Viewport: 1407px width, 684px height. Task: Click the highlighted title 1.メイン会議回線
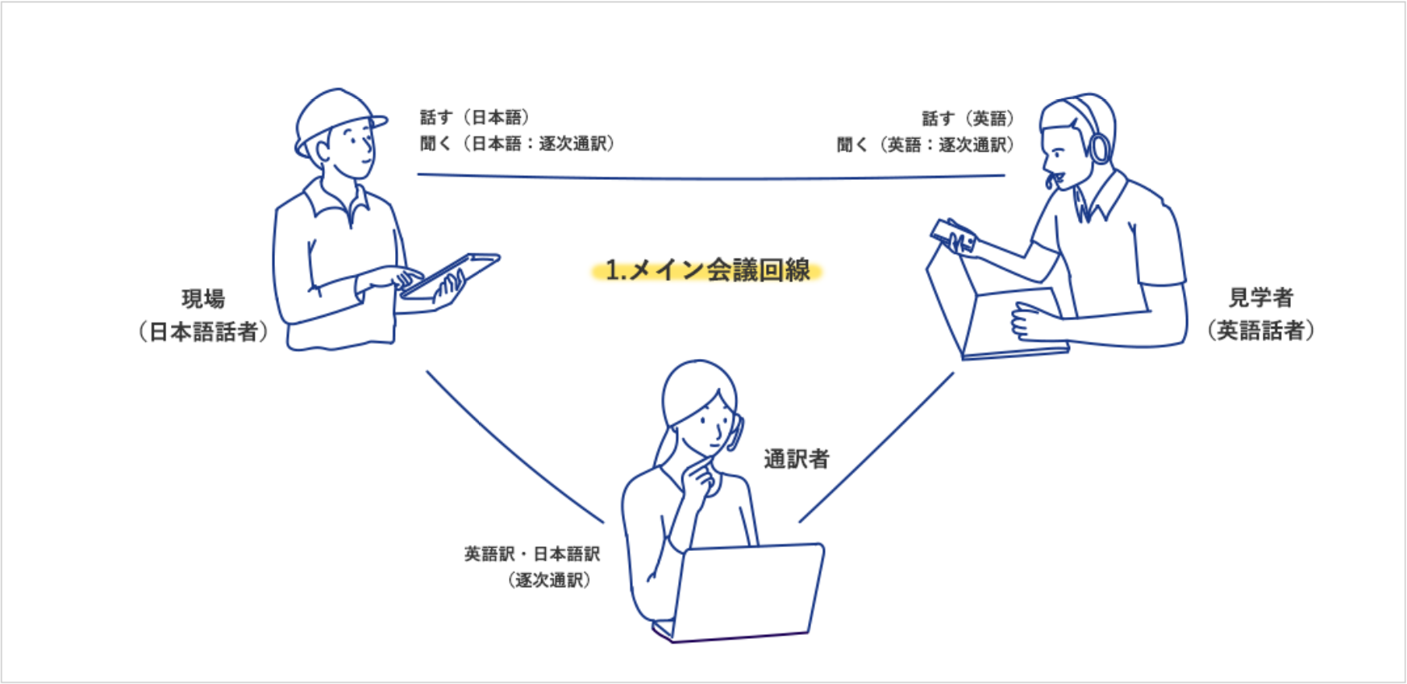coord(707,270)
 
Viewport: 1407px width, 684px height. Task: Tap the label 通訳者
coord(797,459)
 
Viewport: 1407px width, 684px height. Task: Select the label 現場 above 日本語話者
coord(203,299)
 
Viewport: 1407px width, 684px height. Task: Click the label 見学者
coord(1260,298)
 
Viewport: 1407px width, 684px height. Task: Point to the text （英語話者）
coord(1260,330)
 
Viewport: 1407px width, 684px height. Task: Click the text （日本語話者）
coord(203,332)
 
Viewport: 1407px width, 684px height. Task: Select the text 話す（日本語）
coord(474,118)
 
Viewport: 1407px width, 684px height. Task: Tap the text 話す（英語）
coord(968,119)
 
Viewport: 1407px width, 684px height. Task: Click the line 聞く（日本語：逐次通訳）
coord(517,144)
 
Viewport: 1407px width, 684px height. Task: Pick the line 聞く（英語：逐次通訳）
coord(925,145)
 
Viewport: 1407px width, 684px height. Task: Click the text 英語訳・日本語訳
coord(532,554)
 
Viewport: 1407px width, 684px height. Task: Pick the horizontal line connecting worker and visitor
coord(710,177)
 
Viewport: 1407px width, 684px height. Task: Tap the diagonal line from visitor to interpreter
coord(877,447)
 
